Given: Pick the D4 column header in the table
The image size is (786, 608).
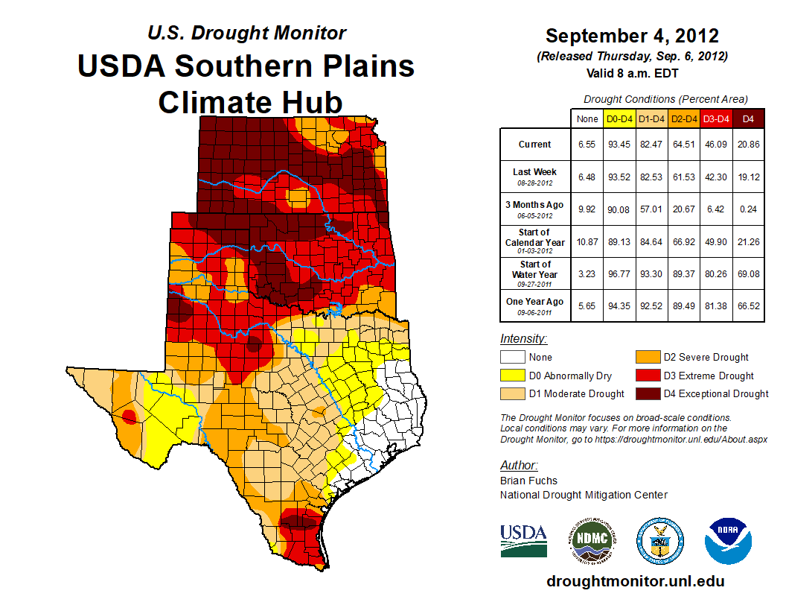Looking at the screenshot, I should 748,118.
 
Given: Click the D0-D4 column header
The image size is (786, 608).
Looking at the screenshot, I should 619,118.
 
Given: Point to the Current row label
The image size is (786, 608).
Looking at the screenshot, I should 535,145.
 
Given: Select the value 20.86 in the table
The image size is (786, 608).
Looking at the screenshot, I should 748,145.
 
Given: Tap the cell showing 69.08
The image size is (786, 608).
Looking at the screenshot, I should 748,273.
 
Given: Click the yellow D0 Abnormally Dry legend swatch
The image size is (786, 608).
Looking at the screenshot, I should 513,376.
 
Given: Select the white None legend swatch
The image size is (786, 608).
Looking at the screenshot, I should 513,358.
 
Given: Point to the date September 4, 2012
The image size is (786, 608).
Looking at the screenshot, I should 632,36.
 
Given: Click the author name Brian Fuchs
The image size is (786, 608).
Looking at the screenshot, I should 528,481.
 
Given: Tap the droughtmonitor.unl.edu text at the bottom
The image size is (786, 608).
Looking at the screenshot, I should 635,581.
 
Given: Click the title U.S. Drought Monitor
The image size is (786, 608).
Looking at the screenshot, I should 246,34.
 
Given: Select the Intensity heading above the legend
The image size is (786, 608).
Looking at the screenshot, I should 524,339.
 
